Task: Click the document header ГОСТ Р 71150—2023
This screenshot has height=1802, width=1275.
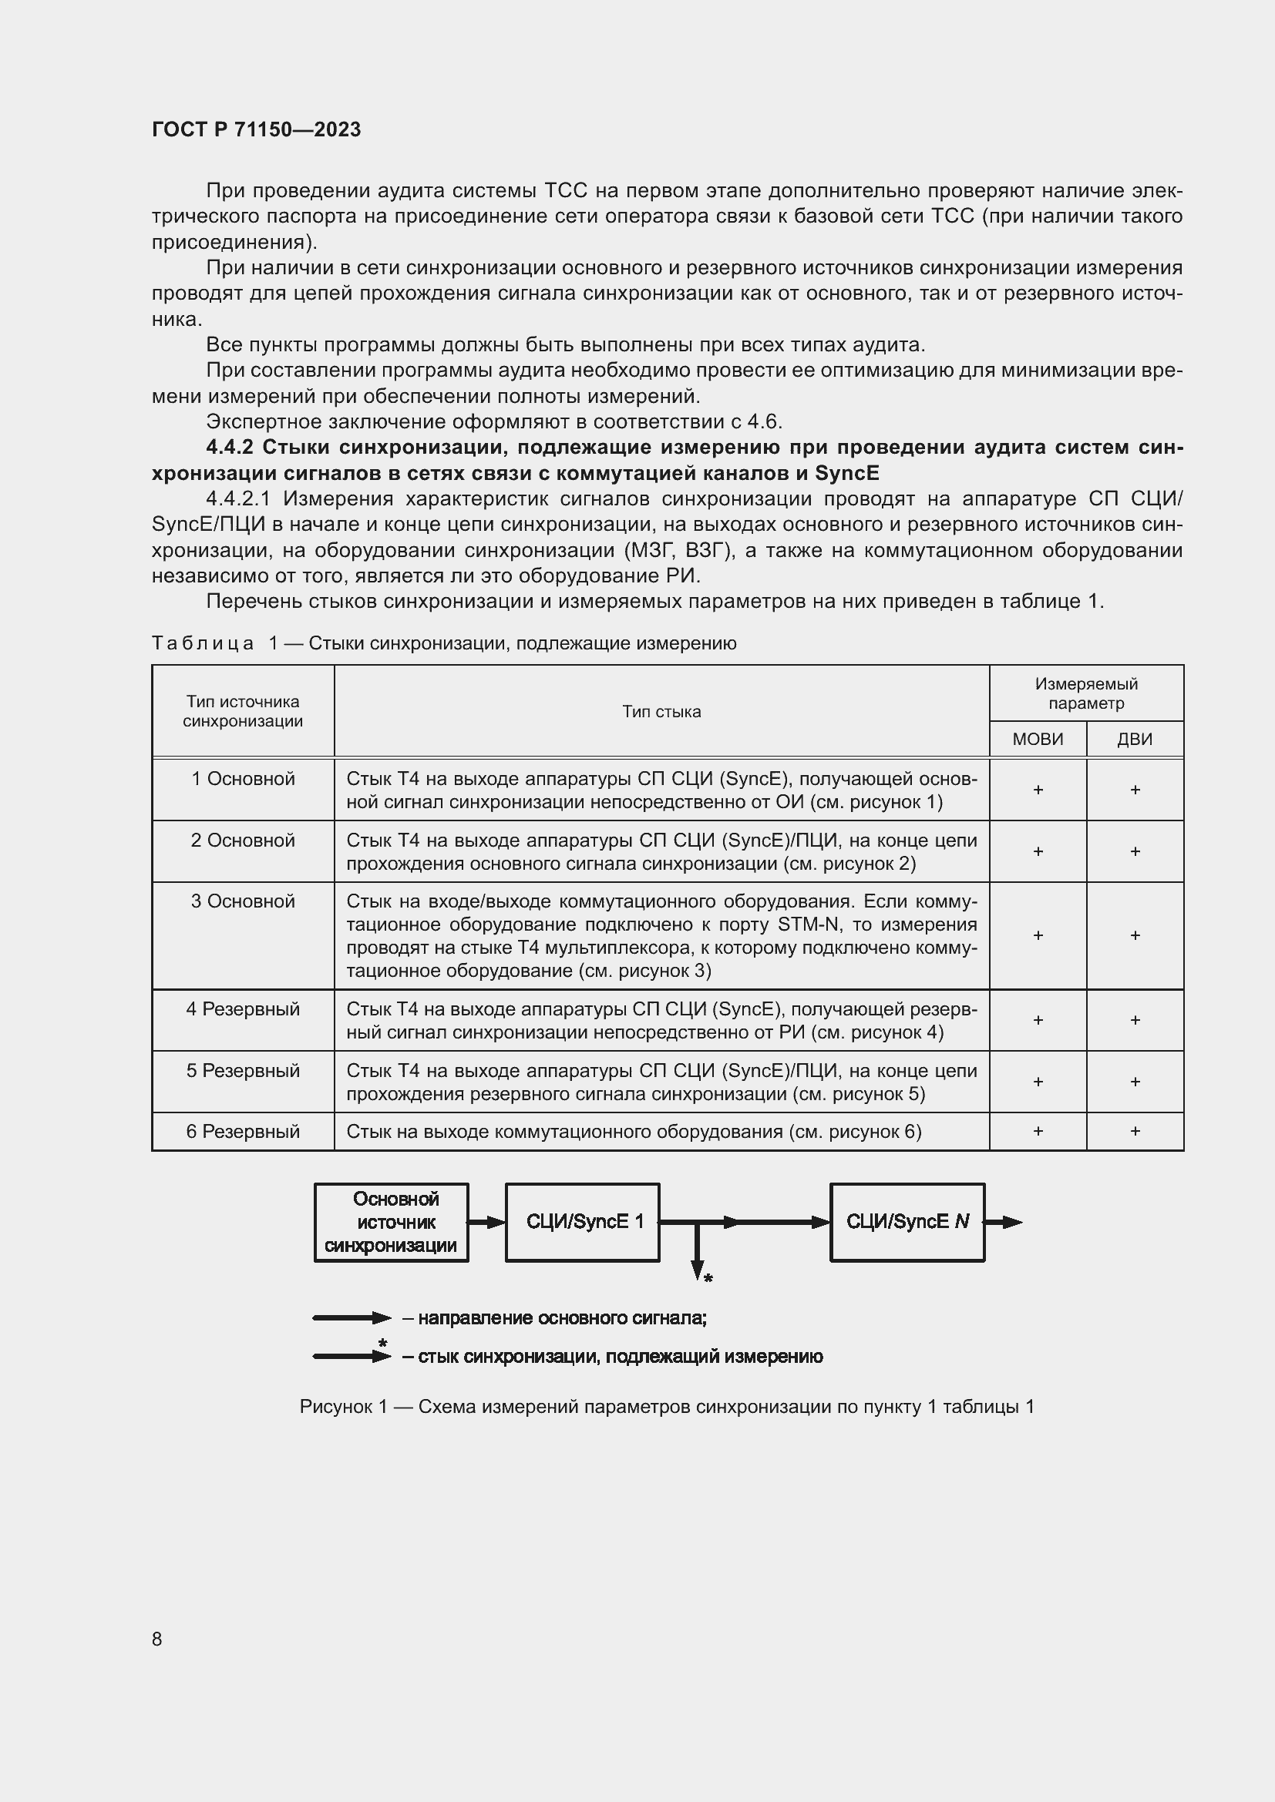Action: [x=256, y=129]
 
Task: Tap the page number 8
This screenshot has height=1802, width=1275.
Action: [x=157, y=1639]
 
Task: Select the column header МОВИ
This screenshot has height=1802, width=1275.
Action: [x=1037, y=739]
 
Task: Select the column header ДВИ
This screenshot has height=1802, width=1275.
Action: [x=1135, y=739]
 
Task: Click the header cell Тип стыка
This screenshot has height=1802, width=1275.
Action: [x=661, y=711]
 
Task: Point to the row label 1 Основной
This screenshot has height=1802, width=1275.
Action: [x=243, y=779]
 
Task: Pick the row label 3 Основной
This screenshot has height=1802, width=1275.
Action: [x=243, y=901]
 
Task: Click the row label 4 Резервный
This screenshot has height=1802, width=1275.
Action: [x=243, y=1008]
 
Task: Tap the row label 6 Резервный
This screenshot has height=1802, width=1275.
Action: [x=243, y=1131]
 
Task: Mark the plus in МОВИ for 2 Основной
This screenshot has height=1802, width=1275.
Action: [x=1037, y=851]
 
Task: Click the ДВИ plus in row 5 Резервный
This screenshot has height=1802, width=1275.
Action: [x=1135, y=1082]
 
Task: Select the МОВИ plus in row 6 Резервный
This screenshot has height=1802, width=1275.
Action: [x=1037, y=1131]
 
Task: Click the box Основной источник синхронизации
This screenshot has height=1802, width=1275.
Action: [x=391, y=1222]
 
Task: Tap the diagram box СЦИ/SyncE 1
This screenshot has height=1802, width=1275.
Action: [x=582, y=1222]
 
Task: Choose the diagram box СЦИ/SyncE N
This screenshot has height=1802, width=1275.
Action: [x=907, y=1222]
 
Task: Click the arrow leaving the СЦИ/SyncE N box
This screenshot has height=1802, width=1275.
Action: [x=1004, y=1222]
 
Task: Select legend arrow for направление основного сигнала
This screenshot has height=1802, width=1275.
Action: [x=351, y=1317]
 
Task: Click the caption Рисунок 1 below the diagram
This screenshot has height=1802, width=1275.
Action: [x=667, y=1407]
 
